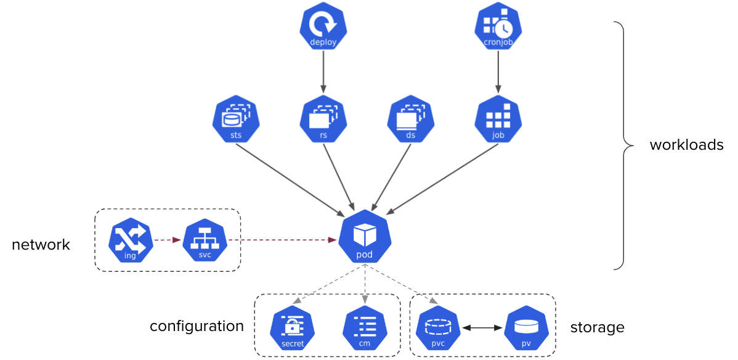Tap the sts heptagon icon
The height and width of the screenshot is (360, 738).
tap(236, 119)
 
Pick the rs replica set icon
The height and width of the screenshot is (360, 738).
tap(323, 119)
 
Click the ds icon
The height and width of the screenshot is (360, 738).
tap(411, 119)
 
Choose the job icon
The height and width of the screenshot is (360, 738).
tap(498, 119)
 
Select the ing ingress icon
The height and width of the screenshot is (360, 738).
tap(131, 240)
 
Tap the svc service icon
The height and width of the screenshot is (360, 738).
tap(205, 240)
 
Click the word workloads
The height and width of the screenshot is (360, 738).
tap(686, 145)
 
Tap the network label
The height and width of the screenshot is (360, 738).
tap(41, 245)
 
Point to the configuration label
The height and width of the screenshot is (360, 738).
tap(197, 326)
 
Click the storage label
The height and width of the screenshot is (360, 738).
tap(597, 327)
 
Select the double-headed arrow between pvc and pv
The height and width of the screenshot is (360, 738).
tap(482, 329)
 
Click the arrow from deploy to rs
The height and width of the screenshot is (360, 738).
tap(323, 72)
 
